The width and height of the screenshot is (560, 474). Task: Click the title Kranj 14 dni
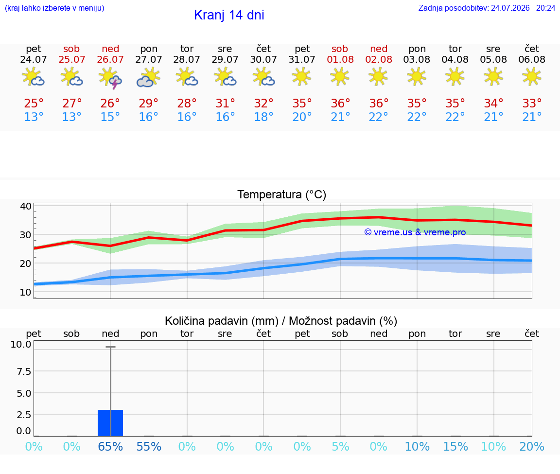pos(229,15)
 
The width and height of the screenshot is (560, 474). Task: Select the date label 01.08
pos(340,60)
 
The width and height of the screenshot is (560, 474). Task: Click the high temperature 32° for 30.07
pos(263,103)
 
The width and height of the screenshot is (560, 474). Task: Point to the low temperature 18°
pos(263,117)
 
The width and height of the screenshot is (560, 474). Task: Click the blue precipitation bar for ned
pos(110,423)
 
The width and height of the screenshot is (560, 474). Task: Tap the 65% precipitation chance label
pos(110,447)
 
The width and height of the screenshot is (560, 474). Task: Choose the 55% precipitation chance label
pos(149,447)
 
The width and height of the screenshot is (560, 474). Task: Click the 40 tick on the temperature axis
pos(26,206)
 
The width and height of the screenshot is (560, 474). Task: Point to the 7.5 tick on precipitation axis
pos(24,371)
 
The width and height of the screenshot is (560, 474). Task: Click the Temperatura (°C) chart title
pos(282,194)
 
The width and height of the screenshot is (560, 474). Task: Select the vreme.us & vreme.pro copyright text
pos(415,232)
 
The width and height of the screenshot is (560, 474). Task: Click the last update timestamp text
pos(487,8)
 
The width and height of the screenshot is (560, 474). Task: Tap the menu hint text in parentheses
pos(54,8)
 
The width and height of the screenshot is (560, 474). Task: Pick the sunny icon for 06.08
pos(532,77)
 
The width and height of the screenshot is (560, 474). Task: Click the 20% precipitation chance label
pos(532,447)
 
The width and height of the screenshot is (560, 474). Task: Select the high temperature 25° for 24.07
pos(34,103)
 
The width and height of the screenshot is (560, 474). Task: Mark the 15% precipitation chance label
pos(455,447)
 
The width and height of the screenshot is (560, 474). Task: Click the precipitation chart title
pos(281,321)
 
